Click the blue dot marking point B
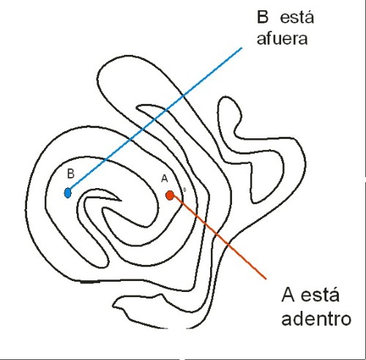point(68,193)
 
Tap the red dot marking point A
point(170,195)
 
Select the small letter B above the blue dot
point(71,174)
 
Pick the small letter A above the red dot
point(165,179)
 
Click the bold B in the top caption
point(263,18)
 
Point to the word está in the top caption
point(297,17)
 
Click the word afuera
point(282,39)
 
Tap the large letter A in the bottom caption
point(288,295)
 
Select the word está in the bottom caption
point(320,294)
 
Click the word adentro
point(316,318)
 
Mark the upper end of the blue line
point(242,48)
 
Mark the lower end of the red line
point(266,278)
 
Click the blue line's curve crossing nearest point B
point(105,160)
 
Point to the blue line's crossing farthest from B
point(184,95)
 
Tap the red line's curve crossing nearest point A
point(182,203)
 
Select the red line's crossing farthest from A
point(228,244)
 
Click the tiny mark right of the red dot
point(184,190)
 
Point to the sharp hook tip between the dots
point(122,201)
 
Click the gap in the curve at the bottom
point(177,328)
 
